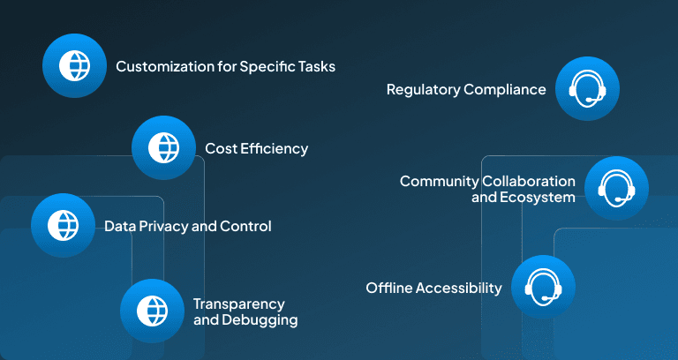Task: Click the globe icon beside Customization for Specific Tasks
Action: point(74,65)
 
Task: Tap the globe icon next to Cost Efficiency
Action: point(163,148)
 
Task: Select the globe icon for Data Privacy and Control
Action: point(64,225)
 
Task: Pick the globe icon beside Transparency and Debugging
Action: point(152,311)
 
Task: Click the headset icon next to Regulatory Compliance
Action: point(587,88)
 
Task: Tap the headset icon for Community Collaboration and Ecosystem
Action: point(616,188)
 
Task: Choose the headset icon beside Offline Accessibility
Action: point(543,287)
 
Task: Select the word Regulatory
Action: point(424,90)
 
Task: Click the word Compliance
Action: point(505,90)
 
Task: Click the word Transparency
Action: point(238,304)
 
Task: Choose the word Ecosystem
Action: point(538,198)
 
